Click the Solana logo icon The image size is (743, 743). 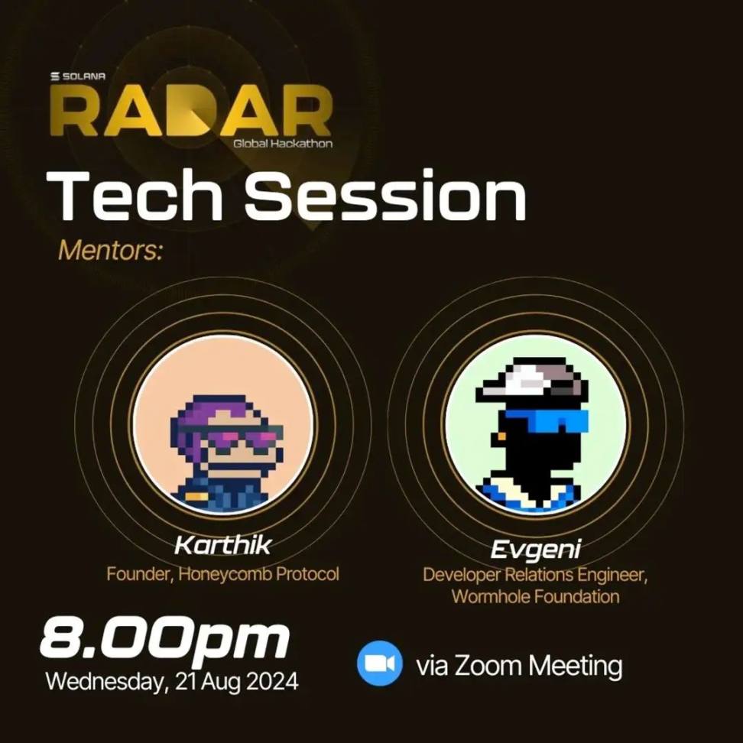pyautogui.click(x=55, y=76)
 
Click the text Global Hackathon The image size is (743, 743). pyautogui.click(x=282, y=143)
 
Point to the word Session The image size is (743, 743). pyautogui.click(x=385, y=195)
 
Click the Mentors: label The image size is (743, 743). pyautogui.click(x=110, y=250)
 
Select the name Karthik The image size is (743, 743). pyautogui.click(x=222, y=545)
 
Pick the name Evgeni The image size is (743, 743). pyautogui.click(x=535, y=550)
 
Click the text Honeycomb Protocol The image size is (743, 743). pyautogui.click(x=258, y=574)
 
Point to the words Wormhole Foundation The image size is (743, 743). pyautogui.click(x=535, y=596)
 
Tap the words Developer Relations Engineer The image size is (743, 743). pyautogui.click(x=535, y=575)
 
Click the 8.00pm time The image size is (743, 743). pyautogui.click(x=164, y=639)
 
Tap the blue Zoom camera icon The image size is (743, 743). pyautogui.click(x=380, y=664)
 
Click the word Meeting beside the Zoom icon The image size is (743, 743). pyautogui.click(x=576, y=667)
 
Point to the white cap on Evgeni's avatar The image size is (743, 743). pyautogui.click(x=532, y=378)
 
